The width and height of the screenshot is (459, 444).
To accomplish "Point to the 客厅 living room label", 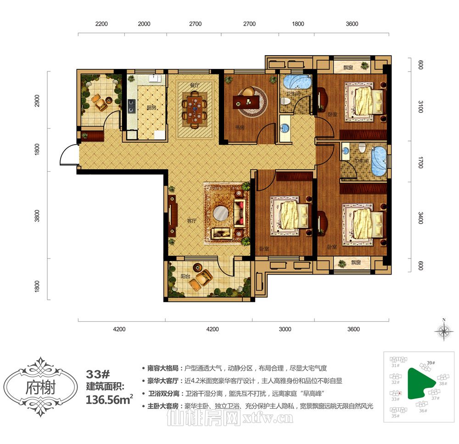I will pyautogui.click(x=192, y=220).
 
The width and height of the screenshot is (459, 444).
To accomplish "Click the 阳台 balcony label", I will pyautogui.click(x=185, y=276).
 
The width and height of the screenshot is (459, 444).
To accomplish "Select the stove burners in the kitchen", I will pyautogui.click(x=132, y=107).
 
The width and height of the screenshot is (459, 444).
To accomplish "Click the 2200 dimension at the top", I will pyautogui.click(x=101, y=24).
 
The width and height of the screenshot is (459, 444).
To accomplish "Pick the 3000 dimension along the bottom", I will pyautogui.click(x=285, y=329).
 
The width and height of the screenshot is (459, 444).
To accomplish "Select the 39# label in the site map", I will pyautogui.click(x=431, y=363).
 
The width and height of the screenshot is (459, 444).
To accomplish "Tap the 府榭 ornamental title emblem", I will pyautogui.click(x=40, y=387).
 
